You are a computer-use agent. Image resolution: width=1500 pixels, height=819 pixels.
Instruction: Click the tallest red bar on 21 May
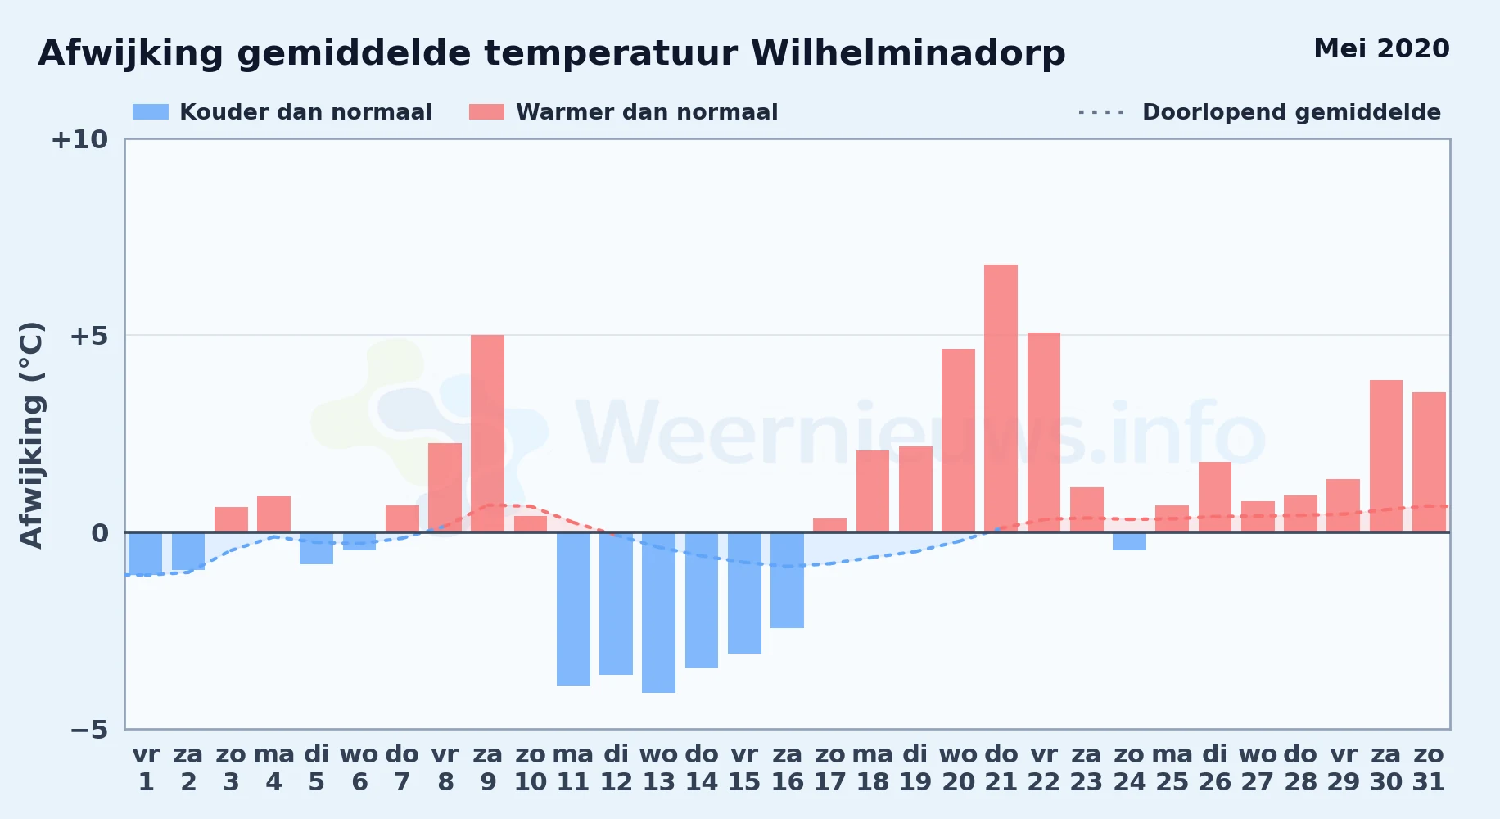click(1001, 398)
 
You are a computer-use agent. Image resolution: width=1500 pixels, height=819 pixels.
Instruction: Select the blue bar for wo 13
click(658, 613)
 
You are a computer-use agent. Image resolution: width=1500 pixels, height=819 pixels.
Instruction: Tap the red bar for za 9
click(487, 433)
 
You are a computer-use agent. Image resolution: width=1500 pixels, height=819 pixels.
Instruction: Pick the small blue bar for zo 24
click(1129, 541)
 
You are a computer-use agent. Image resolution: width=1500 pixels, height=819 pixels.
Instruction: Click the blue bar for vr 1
click(145, 554)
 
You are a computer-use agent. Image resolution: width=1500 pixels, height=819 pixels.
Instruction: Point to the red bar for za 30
click(1386, 456)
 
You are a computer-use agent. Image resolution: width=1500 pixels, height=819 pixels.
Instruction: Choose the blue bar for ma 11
click(573, 609)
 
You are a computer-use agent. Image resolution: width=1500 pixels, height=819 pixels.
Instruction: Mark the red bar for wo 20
click(958, 441)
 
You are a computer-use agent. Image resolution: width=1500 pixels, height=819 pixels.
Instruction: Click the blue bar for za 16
click(787, 580)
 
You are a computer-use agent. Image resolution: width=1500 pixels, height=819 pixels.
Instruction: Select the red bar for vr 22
click(1044, 432)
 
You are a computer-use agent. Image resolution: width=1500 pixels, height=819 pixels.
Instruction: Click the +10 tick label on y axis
click(79, 140)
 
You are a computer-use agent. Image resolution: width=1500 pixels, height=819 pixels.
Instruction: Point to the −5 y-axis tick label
click(89, 730)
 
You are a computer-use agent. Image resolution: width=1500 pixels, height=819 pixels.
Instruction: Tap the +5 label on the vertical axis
click(88, 336)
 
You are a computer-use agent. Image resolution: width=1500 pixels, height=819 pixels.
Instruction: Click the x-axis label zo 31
click(1429, 768)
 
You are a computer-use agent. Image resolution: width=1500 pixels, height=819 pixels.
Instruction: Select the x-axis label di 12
click(616, 768)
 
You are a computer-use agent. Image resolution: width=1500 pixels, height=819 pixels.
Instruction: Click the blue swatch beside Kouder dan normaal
click(151, 112)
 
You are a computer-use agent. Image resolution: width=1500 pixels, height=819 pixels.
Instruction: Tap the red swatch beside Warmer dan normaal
click(486, 112)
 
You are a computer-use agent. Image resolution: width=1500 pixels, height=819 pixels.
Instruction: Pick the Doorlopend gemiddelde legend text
click(1291, 112)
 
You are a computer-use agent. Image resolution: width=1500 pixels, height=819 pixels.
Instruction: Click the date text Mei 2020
click(1381, 49)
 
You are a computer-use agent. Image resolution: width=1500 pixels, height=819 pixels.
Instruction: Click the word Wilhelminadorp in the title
click(908, 54)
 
